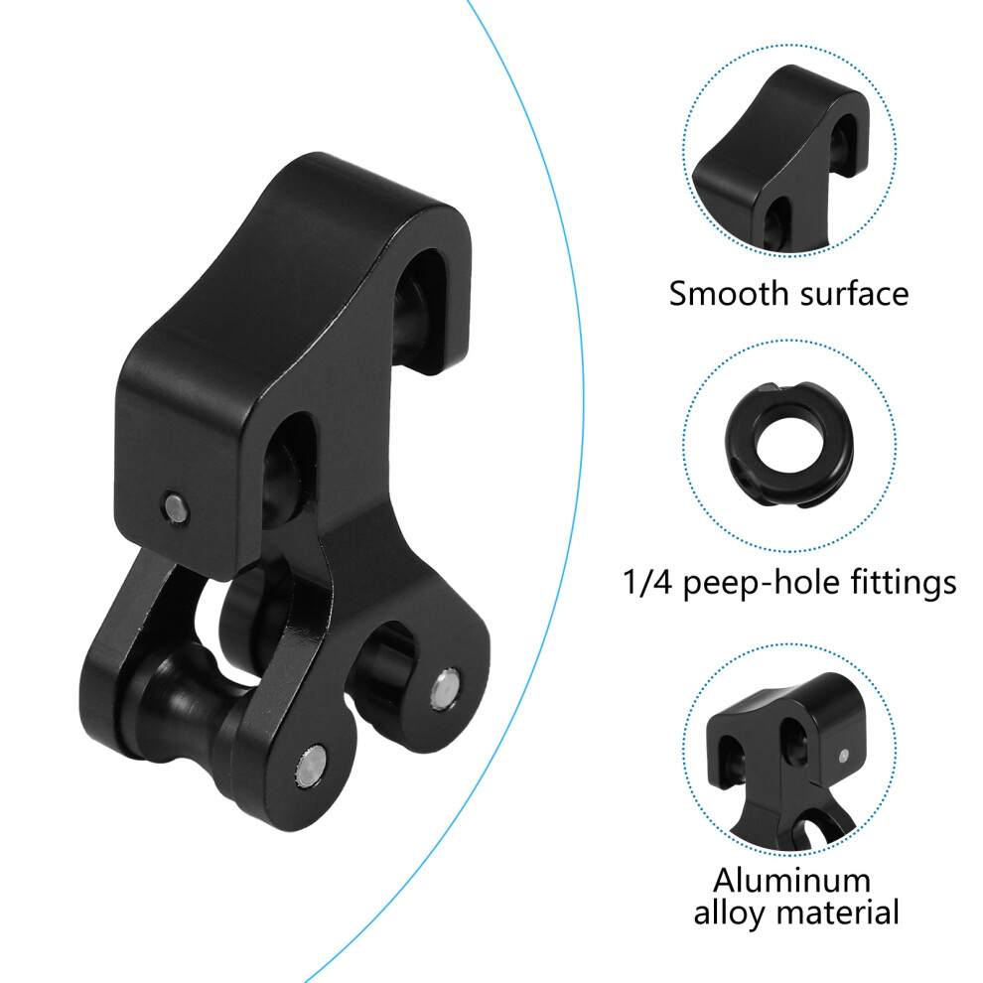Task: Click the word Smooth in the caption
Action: (719, 293)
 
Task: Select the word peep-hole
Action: (761, 583)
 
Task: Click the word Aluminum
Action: (791, 880)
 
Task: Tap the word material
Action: (836, 912)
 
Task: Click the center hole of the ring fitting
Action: (786, 445)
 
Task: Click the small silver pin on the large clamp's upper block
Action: (176, 506)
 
